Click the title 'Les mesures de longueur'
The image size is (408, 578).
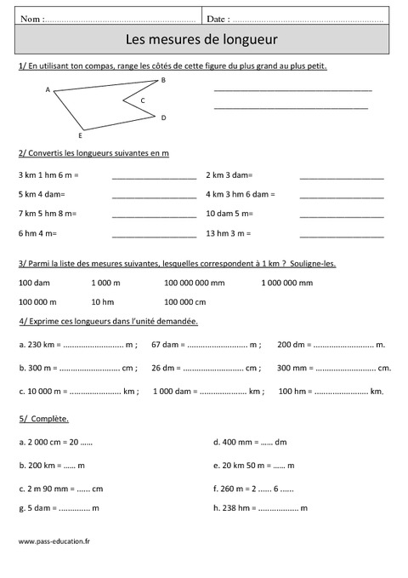click(x=201, y=39)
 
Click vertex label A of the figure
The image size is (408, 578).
click(x=48, y=89)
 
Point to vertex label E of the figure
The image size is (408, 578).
click(x=80, y=135)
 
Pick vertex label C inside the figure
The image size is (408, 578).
click(x=143, y=100)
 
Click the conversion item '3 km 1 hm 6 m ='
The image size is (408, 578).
click(x=48, y=175)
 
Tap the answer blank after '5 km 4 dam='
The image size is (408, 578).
click(x=154, y=194)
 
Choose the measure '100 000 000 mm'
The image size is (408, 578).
click(x=195, y=283)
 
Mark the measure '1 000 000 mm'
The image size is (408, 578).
click(x=286, y=283)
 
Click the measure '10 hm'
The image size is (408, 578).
click(x=102, y=301)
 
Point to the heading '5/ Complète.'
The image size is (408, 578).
click(x=43, y=419)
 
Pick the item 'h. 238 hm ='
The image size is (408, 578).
click(x=234, y=507)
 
